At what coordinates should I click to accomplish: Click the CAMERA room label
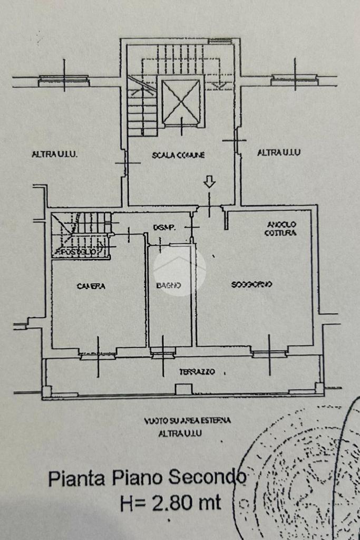pyautogui.click(x=91, y=286)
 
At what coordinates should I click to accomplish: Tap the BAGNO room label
pyautogui.click(x=169, y=286)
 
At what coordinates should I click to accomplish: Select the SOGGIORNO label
pyautogui.click(x=251, y=285)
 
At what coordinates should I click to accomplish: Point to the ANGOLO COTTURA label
pyautogui.click(x=281, y=228)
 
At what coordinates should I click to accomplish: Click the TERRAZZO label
pyautogui.click(x=197, y=372)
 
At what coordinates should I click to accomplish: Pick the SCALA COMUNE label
pyautogui.click(x=178, y=155)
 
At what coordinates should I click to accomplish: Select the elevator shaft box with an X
pyautogui.click(x=181, y=101)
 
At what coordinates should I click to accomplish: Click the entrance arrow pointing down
pyautogui.click(x=210, y=182)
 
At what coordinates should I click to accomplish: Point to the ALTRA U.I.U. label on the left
pyautogui.click(x=55, y=155)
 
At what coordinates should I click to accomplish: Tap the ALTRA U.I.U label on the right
pyautogui.click(x=279, y=153)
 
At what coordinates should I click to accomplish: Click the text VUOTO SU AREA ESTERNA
pyautogui.click(x=187, y=421)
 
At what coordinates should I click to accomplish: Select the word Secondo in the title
pyautogui.click(x=207, y=478)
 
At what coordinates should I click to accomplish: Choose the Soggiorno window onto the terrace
pyautogui.click(x=269, y=353)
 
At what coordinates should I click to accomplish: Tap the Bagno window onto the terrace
pyautogui.click(x=162, y=355)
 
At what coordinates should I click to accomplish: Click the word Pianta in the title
pyautogui.click(x=77, y=479)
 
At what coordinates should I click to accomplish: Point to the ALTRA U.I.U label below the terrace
pyautogui.click(x=181, y=433)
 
